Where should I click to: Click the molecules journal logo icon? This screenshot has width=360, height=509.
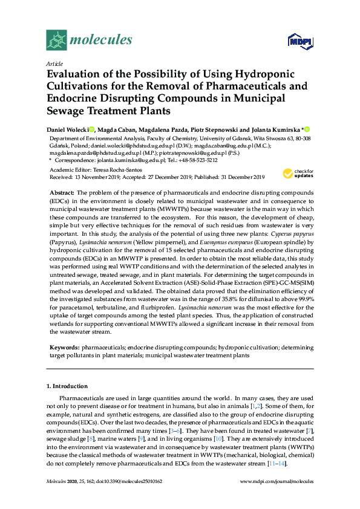(57, 40)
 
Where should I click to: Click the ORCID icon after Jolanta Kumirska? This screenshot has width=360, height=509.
(307, 129)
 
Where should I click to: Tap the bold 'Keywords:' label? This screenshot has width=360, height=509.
(64, 348)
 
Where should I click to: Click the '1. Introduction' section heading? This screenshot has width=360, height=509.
(67, 386)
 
